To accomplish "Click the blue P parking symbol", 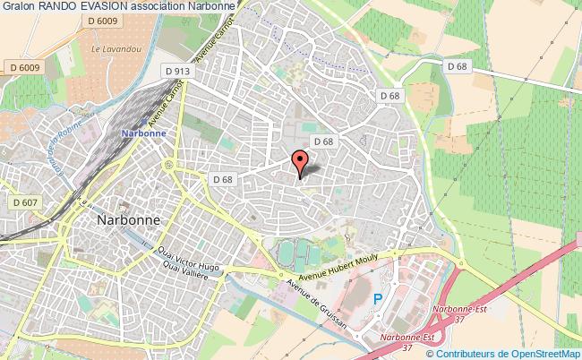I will click(x=378, y=299).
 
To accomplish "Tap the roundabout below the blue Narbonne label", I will click(x=167, y=166).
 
